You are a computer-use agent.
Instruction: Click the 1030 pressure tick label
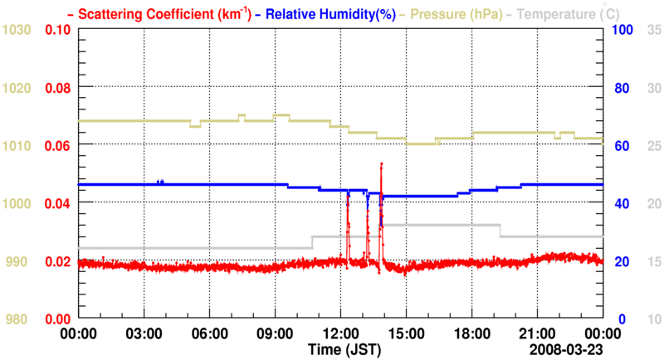tap(17, 30)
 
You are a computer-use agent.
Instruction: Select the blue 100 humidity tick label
tap(623, 30)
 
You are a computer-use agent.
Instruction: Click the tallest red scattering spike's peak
tap(381, 164)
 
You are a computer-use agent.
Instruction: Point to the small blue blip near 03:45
tap(160, 182)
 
